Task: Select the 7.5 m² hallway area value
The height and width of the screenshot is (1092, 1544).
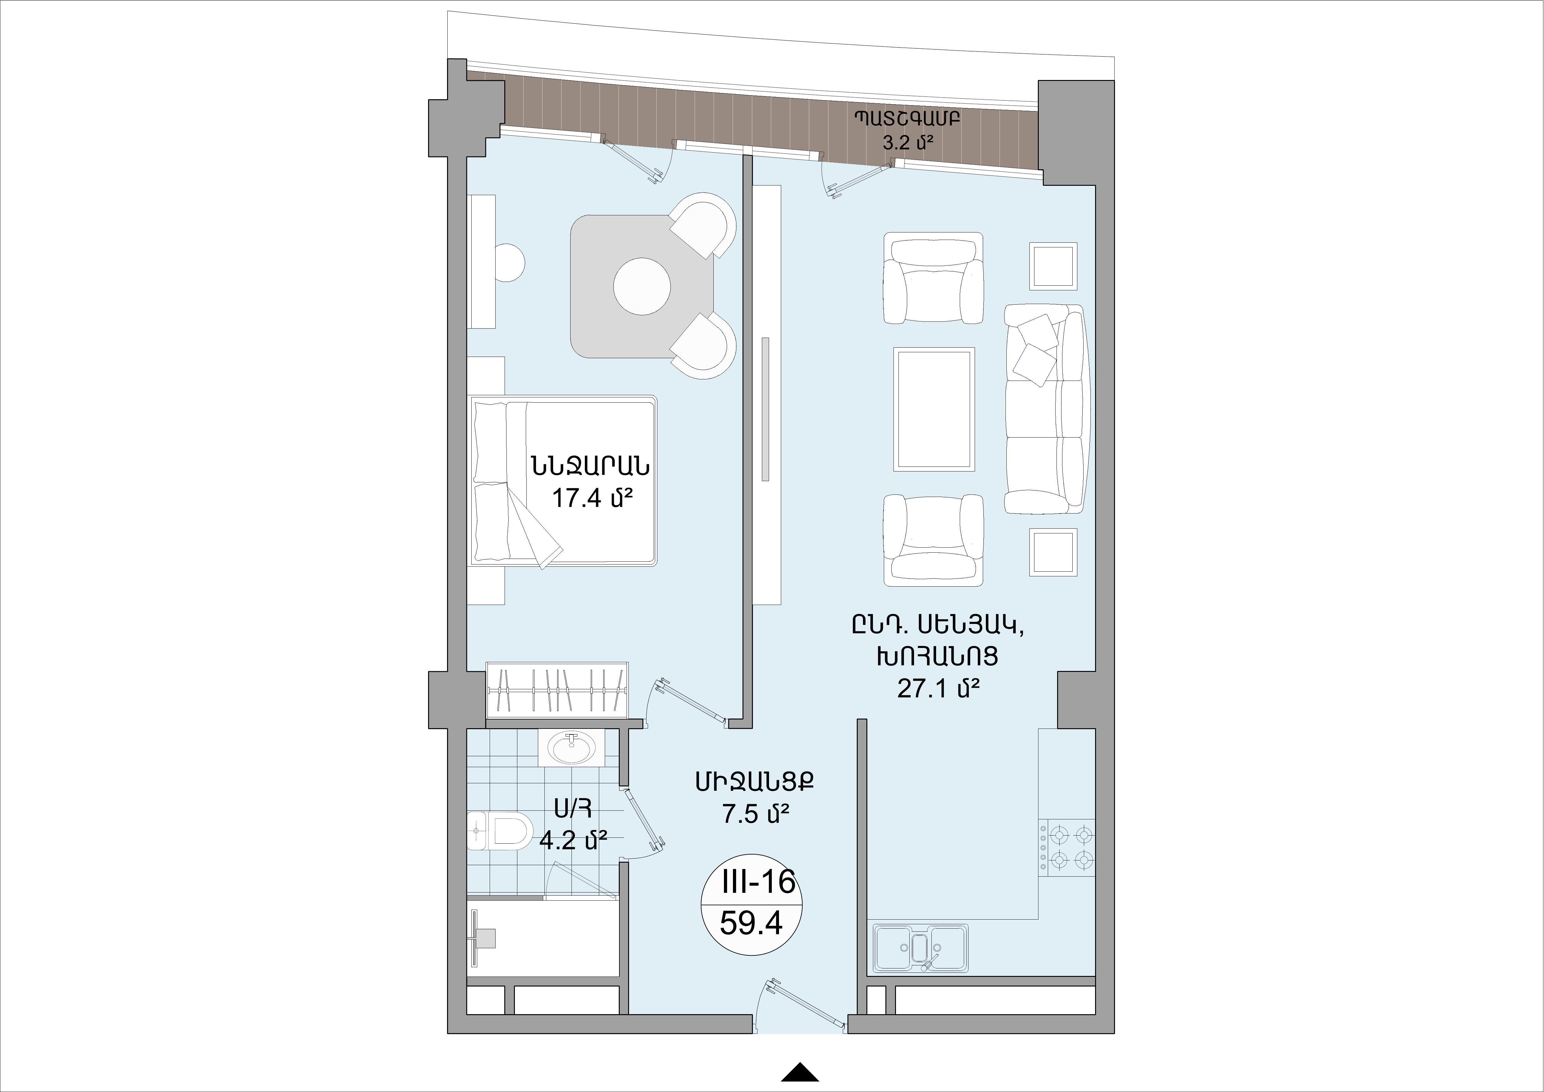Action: click(x=755, y=815)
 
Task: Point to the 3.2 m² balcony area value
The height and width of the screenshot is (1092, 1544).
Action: click(x=907, y=142)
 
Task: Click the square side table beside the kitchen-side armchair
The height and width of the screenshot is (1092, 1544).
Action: click(x=1053, y=552)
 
